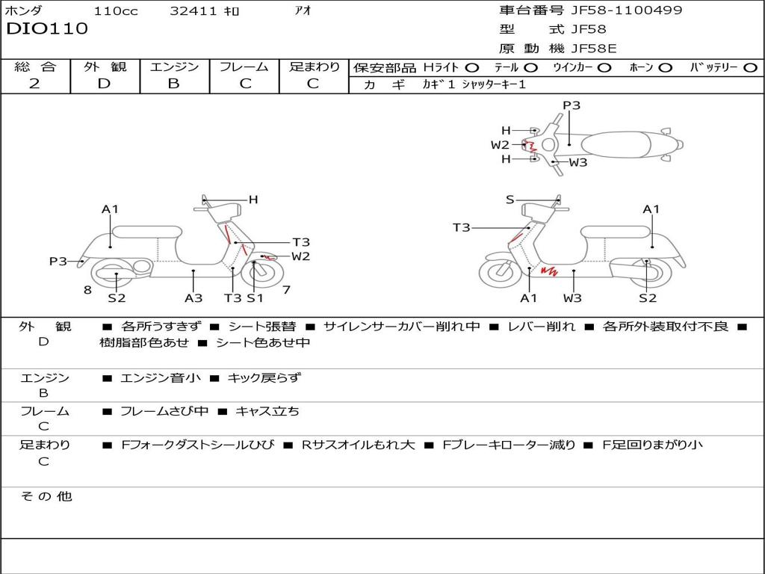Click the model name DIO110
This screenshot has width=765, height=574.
47,29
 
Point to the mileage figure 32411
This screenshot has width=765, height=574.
193,10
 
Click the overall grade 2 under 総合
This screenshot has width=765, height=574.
34,84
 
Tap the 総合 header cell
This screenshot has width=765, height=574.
35,67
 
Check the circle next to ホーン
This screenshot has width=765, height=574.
665,67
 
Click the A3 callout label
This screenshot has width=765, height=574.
193,298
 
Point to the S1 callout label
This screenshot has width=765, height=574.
255,298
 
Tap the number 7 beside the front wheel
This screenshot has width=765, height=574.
286,289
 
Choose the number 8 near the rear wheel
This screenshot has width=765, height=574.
87,289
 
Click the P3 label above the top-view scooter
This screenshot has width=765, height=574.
572,105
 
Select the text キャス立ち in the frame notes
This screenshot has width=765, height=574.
267,411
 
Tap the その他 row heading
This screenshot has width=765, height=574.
46,496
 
